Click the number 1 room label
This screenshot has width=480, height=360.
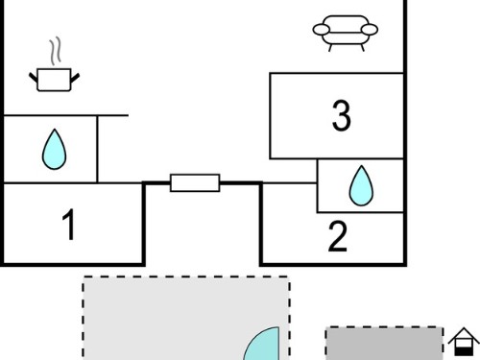click(x=69, y=225)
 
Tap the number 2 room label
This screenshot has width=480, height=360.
click(x=338, y=236)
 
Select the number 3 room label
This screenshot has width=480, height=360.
click(x=342, y=115)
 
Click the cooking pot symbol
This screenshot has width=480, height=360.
click(x=54, y=80)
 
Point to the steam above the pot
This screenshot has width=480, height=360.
click(x=55, y=51)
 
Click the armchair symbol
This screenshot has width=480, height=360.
click(x=346, y=33)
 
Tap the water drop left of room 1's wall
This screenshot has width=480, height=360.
click(x=55, y=149)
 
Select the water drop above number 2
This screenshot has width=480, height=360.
click(x=361, y=185)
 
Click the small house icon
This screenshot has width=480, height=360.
click(x=464, y=342)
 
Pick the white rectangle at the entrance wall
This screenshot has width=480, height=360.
click(x=195, y=183)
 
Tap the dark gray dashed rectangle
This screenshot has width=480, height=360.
click(x=384, y=344)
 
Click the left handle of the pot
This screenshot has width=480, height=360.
click(x=34, y=78)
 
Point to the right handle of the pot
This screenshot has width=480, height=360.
click(x=75, y=78)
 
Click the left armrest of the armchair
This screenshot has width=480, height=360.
click(x=321, y=30)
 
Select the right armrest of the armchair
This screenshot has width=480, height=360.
click(x=370, y=30)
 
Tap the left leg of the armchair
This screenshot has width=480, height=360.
click(x=330, y=48)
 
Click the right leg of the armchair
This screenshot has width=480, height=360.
click(x=362, y=48)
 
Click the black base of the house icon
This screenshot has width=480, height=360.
click(x=464, y=351)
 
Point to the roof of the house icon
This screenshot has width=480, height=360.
click(x=464, y=335)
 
